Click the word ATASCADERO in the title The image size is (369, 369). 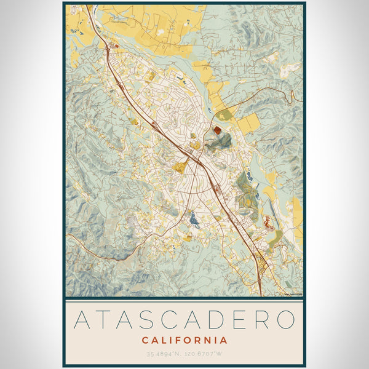click(x=184, y=320)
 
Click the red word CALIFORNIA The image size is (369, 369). click(x=184, y=340)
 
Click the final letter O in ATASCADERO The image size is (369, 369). click(x=285, y=320)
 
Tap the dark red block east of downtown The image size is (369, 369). click(x=217, y=130)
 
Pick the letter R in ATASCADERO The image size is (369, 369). click(x=261, y=320)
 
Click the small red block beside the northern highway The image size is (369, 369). click(x=115, y=46)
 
